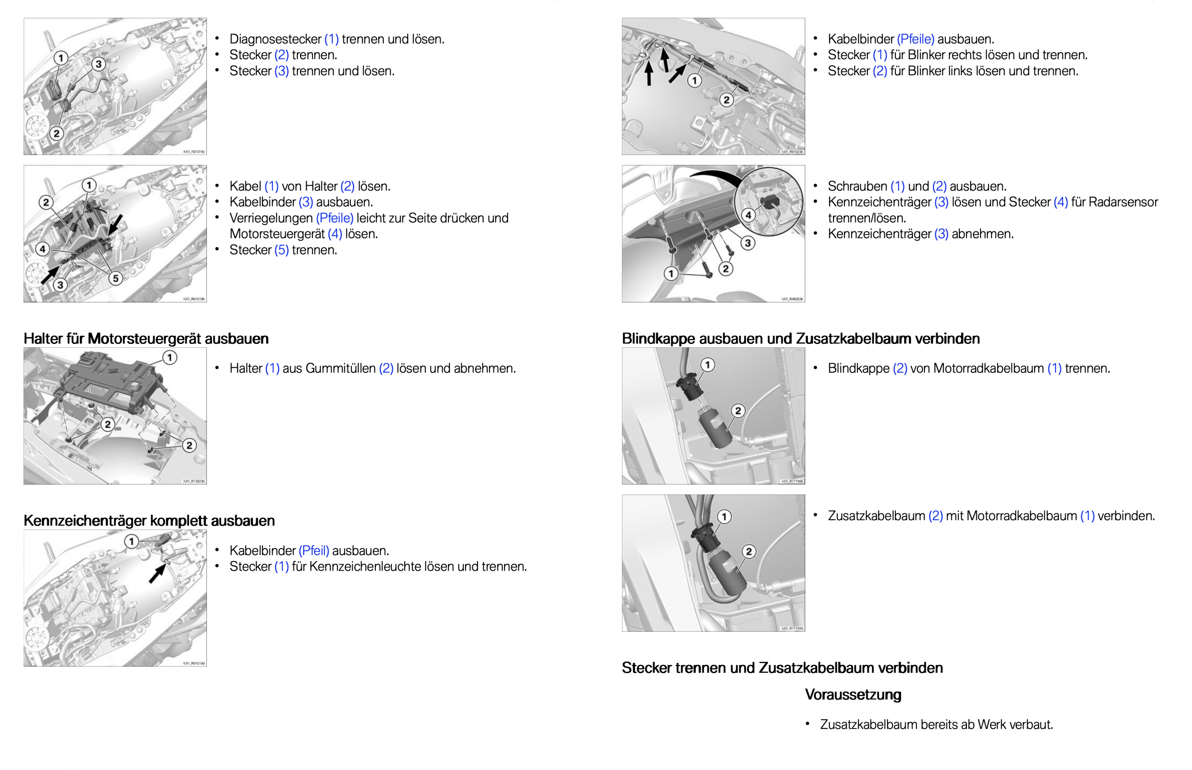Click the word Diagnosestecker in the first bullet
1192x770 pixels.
tap(275, 39)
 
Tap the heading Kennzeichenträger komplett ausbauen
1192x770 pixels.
tap(149, 521)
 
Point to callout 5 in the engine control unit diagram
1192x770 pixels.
tap(115, 278)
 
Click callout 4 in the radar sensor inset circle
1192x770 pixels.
tap(748, 215)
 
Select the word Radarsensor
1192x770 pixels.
tap(1123, 202)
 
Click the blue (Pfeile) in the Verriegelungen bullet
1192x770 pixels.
tap(335, 218)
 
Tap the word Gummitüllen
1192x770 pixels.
tap(340, 369)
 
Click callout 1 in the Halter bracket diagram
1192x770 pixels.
tap(170, 357)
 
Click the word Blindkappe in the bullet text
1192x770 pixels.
tap(858, 369)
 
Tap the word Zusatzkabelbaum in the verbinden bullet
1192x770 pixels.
tap(876, 516)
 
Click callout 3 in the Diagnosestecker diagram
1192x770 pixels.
tap(98, 64)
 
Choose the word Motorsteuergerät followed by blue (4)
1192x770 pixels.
tap(277, 234)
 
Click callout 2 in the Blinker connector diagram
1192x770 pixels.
tap(726, 100)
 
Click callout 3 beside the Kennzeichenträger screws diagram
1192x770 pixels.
tap(747, 243)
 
